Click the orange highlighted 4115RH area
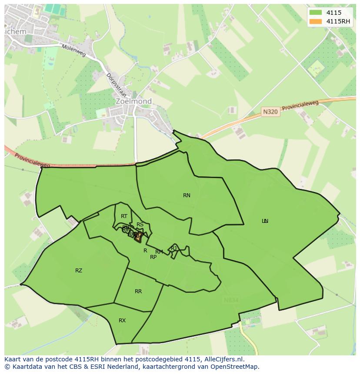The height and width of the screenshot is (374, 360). coord(138,237)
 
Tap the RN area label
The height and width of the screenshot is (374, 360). coord(187,195)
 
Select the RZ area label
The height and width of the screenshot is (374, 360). coord(79,271)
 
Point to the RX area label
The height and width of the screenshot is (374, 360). coord(122,321)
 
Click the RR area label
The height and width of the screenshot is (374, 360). coord(138,291)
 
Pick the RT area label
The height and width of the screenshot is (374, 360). coord(124,216)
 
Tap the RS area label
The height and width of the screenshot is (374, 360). coord(140,225)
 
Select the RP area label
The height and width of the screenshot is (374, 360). coord(153,257)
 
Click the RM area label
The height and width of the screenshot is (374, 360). coord(159,252)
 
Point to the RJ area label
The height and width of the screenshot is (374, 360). coord(174,248)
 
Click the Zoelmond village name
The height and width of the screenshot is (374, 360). coord(134,102)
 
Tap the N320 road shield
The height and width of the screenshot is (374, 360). coord(270,112)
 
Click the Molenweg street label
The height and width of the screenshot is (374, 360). coord(73,52)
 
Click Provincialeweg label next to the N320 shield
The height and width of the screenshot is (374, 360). coord(300,106)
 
